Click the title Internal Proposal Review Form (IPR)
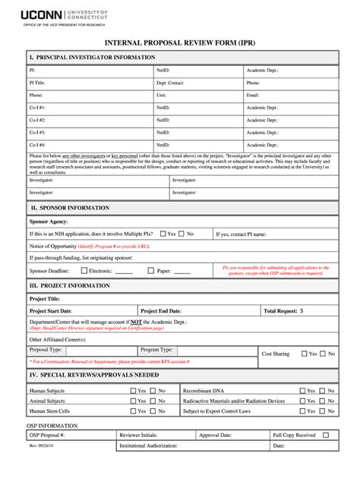point(179,43)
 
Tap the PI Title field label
point(37,82)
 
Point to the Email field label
point(253,96)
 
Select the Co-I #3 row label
point(37,132)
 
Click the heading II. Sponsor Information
point(71,206)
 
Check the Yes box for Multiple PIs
point(162,234)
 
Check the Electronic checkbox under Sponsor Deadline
point(84,270)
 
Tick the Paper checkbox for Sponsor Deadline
point(151,270)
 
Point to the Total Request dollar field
point(319,311)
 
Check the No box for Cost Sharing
point(323,354)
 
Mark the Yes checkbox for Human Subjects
point(134,391)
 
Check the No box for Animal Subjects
point(153,401)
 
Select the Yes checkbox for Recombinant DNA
point(303,391)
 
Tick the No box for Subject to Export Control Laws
point(323,411)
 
